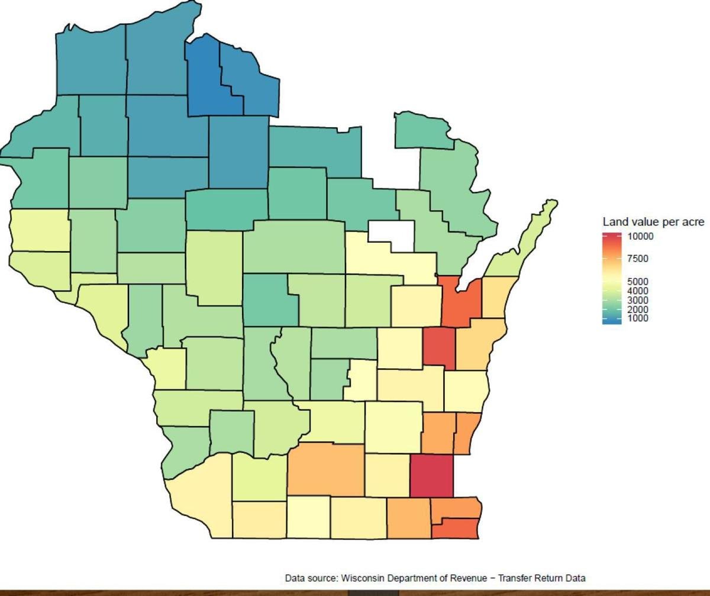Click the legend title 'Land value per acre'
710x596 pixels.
(653, 222)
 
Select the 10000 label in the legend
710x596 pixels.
(641, 236)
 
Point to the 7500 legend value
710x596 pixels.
(638, 259)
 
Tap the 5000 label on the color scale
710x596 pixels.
(638, 282)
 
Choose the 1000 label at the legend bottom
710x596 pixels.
(638, 318)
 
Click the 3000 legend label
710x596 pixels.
(638, 300)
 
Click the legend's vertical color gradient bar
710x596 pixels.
(612, 278)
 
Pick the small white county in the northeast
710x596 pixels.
(392, 234)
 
